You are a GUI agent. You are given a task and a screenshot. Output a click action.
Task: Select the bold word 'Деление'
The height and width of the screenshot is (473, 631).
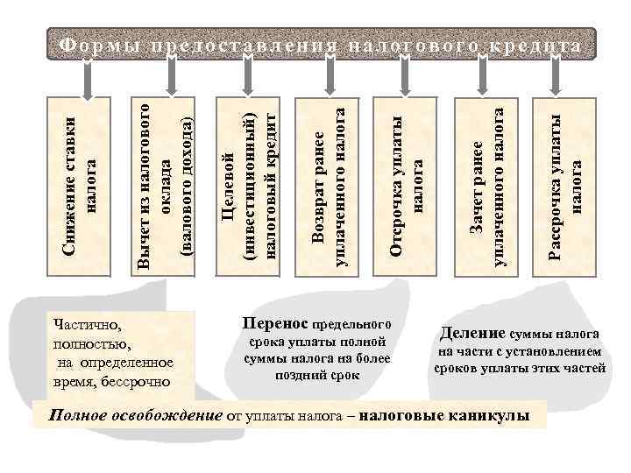tap(471, 333)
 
